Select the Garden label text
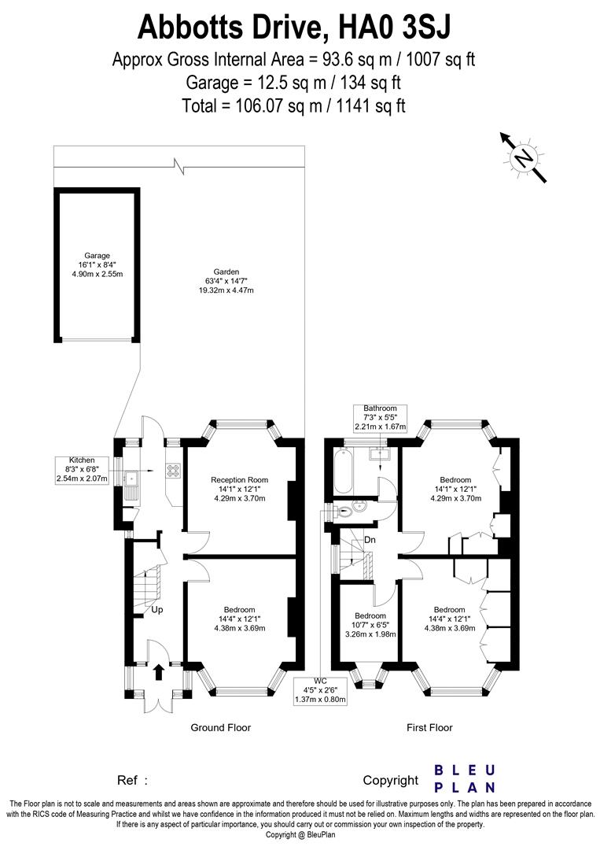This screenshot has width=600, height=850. coord(229,280)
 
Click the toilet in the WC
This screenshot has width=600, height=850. coord(340,511)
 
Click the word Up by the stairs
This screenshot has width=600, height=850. coord(157,610)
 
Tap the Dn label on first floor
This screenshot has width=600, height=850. coord(370,540)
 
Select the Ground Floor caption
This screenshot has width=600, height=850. coord(221,728)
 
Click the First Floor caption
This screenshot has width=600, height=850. coord(429,728)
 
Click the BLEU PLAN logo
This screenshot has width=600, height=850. coord(465,778)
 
